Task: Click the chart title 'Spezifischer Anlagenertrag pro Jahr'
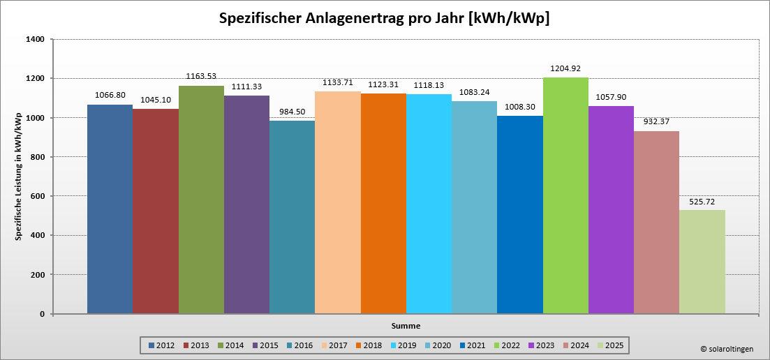point(384,18)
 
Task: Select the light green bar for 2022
point(565,195)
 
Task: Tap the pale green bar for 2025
point(702,262)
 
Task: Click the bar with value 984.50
point(292,217)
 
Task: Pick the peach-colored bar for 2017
point(338,202)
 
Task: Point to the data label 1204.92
point(565,68)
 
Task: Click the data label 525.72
point(702,201)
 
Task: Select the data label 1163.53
point(201,77)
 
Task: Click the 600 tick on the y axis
point(38,196)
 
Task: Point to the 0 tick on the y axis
point(43,314)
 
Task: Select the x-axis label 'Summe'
point(406,325)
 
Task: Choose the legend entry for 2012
point(161,345)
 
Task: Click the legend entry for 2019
point(403,345)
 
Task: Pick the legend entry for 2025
point(609,345)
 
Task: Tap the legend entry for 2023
point(540,345)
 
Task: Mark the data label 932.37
point(656,122)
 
